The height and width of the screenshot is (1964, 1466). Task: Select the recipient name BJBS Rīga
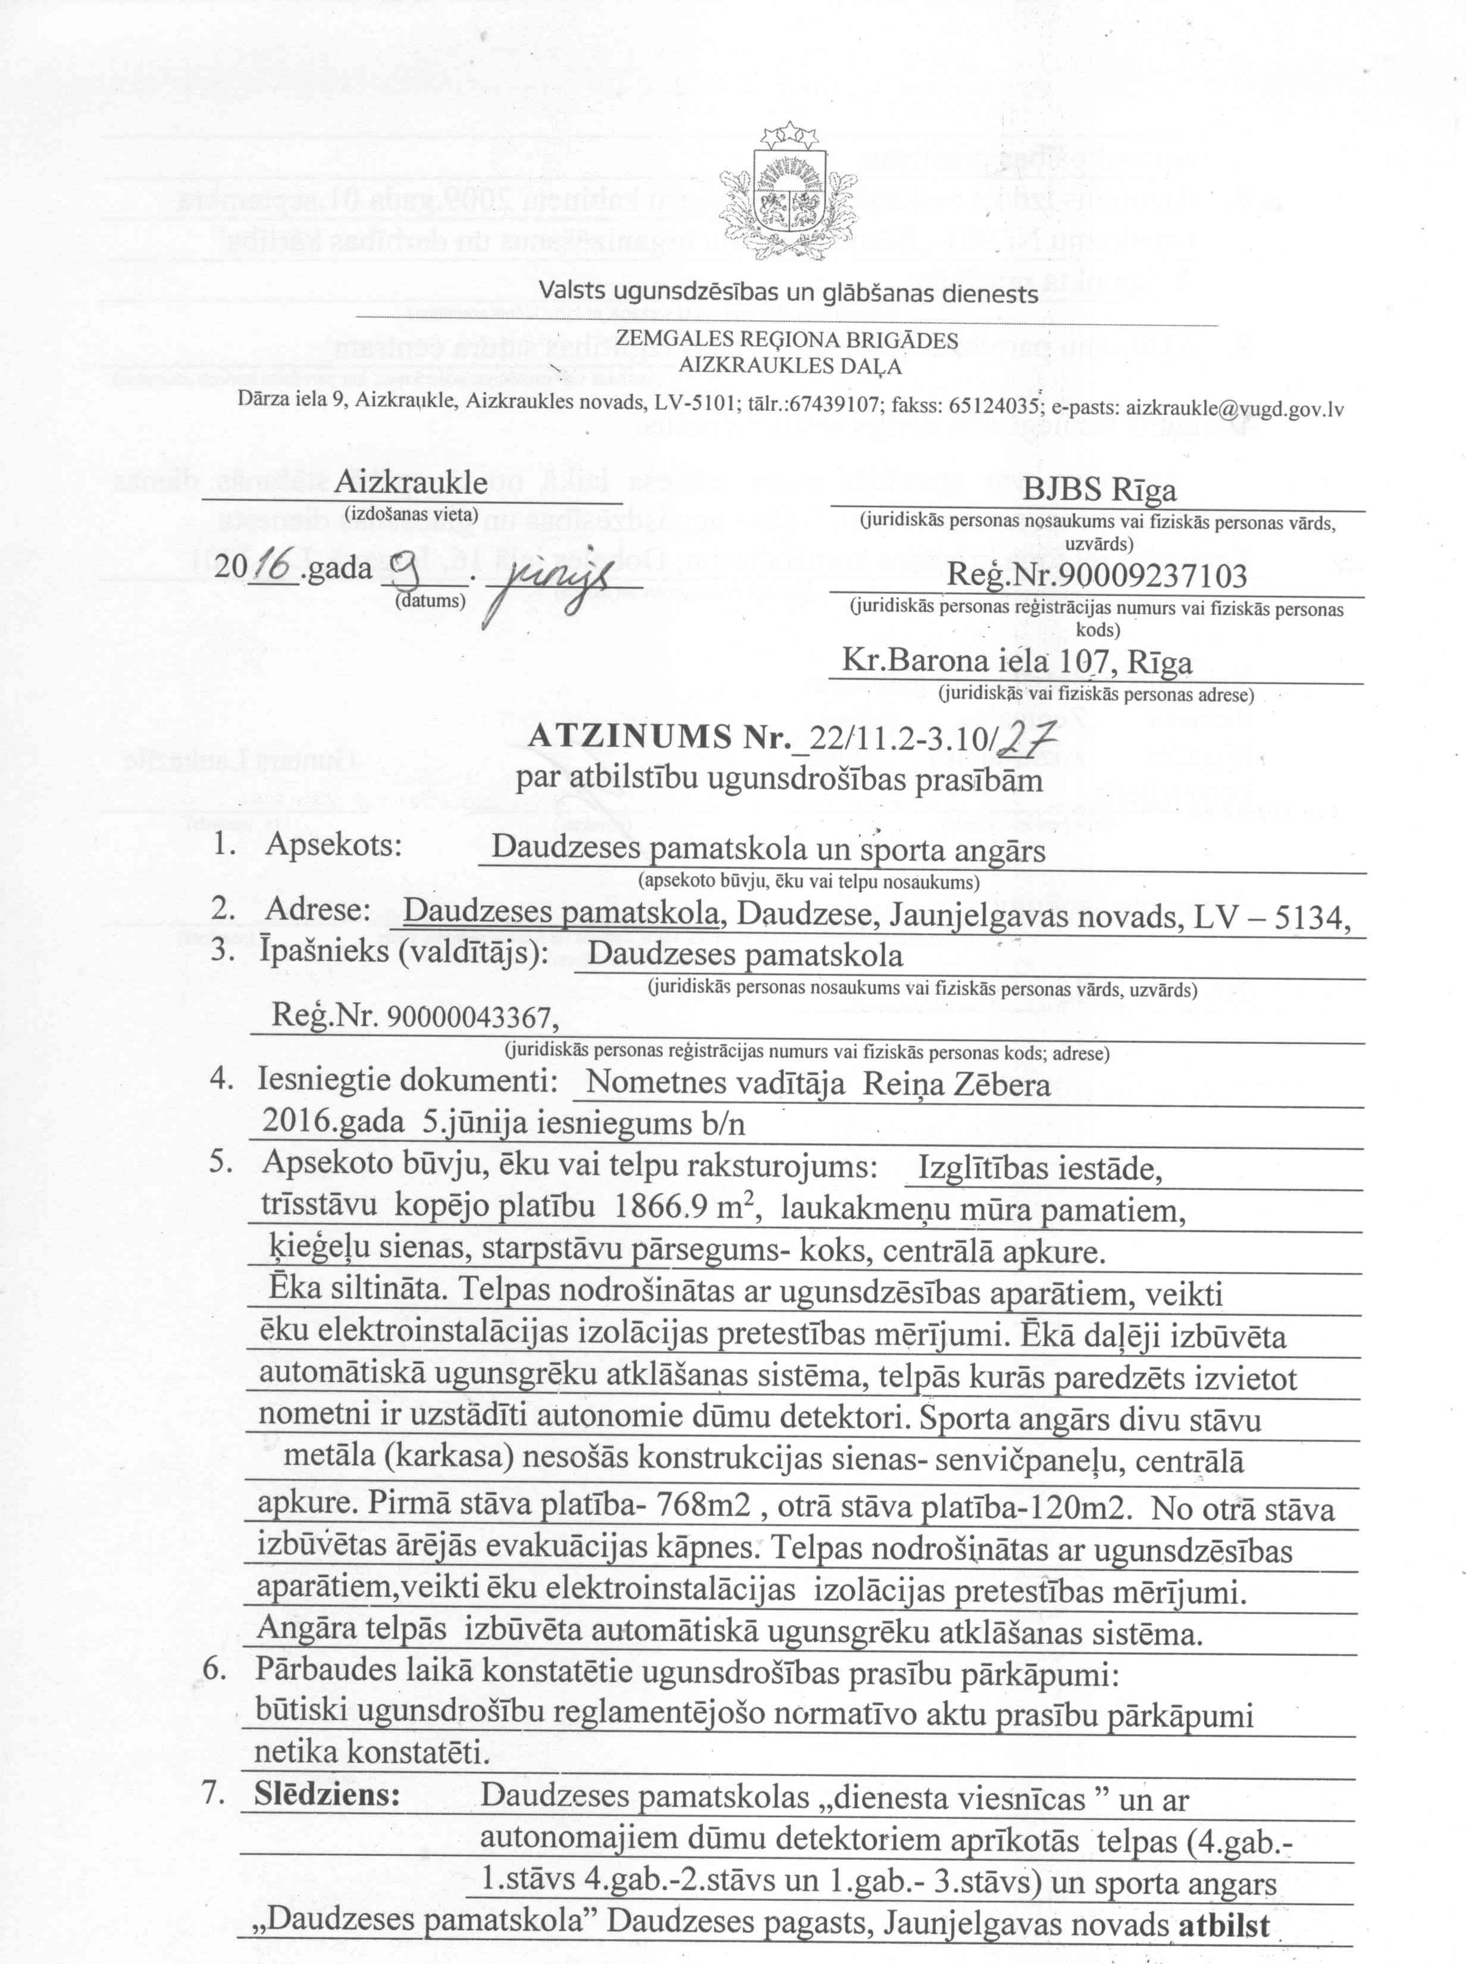pos(1099,489)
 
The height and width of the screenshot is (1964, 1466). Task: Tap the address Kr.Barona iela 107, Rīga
pos(1016,662)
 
